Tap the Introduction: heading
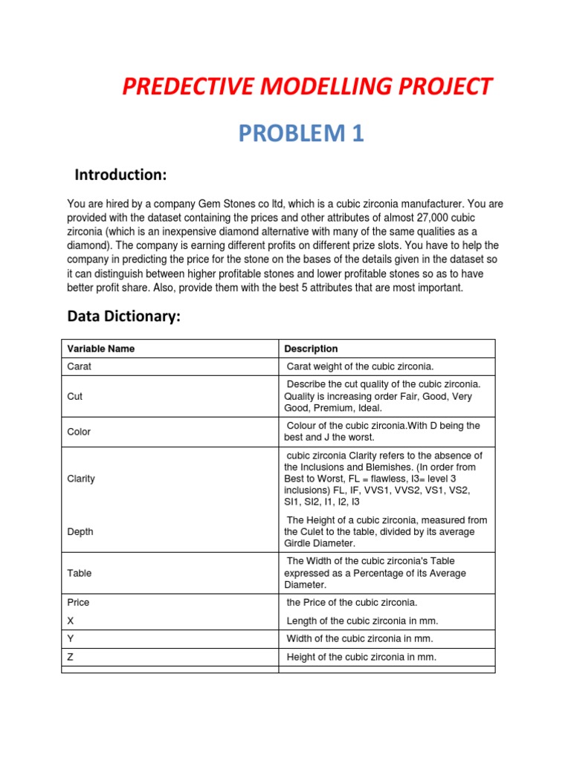click(x=120, y=175)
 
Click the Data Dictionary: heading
click(x=123, y=317)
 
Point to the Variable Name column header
click(x=101, y=349)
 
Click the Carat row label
click(x=80, y=366)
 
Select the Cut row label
click(x=75, y=396)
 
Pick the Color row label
click(x=79, y=432)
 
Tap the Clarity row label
click(x=81, y=479)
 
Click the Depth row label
click(x=80, y=532)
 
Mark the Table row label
click(x=80, y=573)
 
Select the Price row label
click(x=78, y=603)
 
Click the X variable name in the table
click(x=71, y=621)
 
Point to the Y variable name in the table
click(x=71, y=638)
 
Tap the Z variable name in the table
click(x=71, y=657)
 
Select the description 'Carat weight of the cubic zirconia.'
click(x=360, y=366)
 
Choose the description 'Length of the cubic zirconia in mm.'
click(x=362, y=621)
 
